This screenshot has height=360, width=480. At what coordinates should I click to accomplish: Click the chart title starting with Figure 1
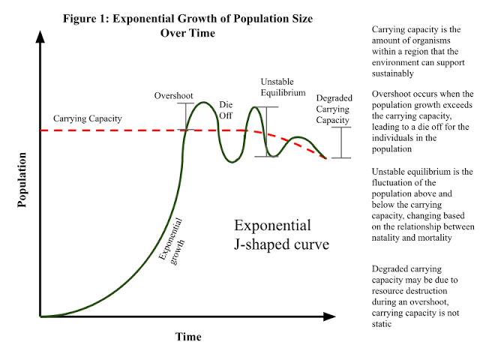tap(188, 26)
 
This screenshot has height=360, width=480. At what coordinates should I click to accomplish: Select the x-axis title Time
tap(188, 337)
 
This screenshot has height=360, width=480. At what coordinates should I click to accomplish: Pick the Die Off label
tap(226, 110)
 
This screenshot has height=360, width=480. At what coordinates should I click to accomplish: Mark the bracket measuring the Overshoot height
tap(184, 116)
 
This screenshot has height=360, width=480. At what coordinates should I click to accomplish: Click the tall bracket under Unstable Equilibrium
tap(266, 131)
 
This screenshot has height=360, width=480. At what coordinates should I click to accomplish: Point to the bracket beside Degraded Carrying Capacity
tap(341, 142)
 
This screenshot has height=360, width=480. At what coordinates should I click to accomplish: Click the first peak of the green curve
tap(201, 103)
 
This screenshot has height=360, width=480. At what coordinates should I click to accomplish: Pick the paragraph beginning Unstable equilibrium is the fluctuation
tap(422, 204)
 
